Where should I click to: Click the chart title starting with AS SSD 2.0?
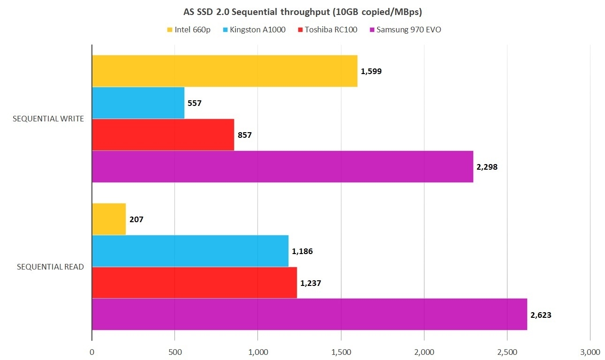[x=302, y=11]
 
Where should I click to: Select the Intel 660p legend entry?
[x=189, y=30]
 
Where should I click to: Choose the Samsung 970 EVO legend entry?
[x=405, y=30]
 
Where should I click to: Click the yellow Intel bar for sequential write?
[x=224, y=71]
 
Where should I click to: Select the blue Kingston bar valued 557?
[x=138, y=103]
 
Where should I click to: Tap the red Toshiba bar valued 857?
[x=163, y=135]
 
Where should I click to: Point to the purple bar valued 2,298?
[x=282, y=166]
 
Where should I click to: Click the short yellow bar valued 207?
[x=109, y=219]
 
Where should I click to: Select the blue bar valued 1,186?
[x=190, y=251]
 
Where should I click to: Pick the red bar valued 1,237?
[x=194, y=283]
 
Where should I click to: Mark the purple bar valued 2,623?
[x=309, y=314]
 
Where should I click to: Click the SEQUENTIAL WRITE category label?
[x=48, y=119]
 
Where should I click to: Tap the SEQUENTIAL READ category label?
[x=50, y=267]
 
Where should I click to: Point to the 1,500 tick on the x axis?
[x=340, y=352]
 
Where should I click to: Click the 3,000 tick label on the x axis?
[x=590, y=352]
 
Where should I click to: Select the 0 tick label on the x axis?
[x=92, y=352]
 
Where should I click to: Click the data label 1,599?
[x=371, y=72]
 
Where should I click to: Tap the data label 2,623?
[x=541, y=315]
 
